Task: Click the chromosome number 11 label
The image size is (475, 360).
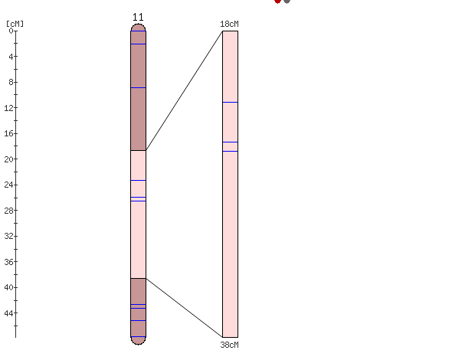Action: point(138,18)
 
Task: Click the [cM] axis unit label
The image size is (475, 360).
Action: point(15,24)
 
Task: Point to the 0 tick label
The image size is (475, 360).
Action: point(11,31)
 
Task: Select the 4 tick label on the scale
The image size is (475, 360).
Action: point(11,57)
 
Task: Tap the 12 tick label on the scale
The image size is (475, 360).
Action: point(8,108)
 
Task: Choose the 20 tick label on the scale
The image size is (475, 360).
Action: point(8,159)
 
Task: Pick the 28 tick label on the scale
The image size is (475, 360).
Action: point(8,211)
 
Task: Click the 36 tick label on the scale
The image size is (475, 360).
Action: point(8,262)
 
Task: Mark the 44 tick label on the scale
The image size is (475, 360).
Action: point(8,313)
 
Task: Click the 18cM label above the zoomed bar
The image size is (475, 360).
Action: point(229,24)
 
